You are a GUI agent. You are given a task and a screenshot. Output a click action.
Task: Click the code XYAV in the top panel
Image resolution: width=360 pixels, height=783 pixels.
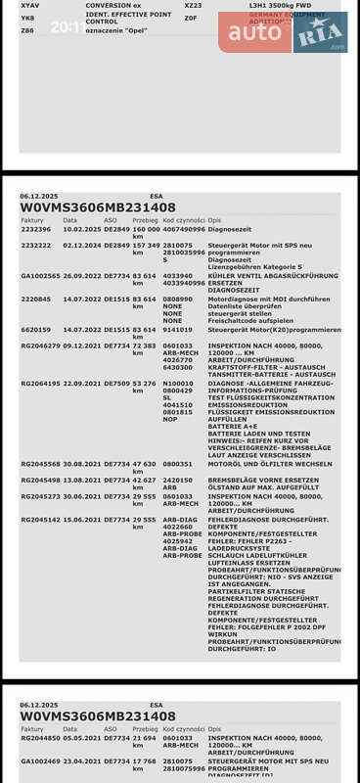30,5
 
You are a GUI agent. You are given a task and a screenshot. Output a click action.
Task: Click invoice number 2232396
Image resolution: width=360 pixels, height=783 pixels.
36,229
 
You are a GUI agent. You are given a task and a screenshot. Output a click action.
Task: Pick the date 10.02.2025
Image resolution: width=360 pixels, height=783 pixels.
82,229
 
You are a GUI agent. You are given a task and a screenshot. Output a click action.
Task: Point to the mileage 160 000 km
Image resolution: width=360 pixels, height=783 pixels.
145,232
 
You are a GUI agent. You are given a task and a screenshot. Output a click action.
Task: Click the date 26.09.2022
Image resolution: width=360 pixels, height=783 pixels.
82,276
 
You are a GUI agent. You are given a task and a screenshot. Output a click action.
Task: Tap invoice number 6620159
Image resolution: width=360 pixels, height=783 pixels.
36,330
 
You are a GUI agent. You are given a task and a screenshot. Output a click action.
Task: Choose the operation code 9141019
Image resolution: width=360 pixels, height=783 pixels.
178,330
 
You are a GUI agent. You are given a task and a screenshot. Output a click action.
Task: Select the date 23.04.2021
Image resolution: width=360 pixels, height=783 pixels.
82,760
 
